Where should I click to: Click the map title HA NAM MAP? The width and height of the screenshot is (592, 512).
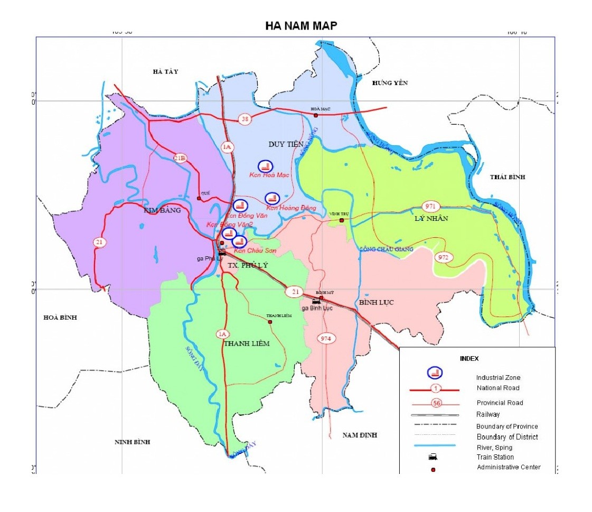300,26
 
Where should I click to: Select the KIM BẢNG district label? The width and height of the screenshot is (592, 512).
162,210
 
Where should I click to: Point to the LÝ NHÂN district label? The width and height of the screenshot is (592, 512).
431,218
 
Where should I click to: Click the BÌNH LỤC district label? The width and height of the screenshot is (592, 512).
376,302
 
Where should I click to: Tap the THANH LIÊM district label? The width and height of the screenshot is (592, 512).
247,343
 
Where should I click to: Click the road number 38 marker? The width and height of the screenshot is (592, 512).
244,119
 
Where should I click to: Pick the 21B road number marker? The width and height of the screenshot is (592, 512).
181,157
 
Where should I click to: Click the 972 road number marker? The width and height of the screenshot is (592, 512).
444,257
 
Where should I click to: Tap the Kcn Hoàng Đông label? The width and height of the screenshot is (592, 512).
291,208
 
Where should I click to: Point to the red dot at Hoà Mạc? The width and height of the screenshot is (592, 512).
316,115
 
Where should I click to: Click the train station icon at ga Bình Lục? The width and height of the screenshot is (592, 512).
316,301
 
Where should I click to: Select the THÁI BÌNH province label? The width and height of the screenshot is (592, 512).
507,177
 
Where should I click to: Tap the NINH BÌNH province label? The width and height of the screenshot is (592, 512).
133,442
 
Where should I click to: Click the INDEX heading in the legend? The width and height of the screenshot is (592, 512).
469,358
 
